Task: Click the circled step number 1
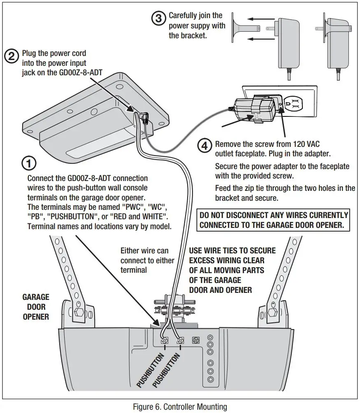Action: (x=28, y=164)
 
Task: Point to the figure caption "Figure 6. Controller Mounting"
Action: (x=180, y=407)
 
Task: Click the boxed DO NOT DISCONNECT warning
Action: (x=274, y=220)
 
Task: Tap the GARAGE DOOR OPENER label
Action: (x=36, y=306)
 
